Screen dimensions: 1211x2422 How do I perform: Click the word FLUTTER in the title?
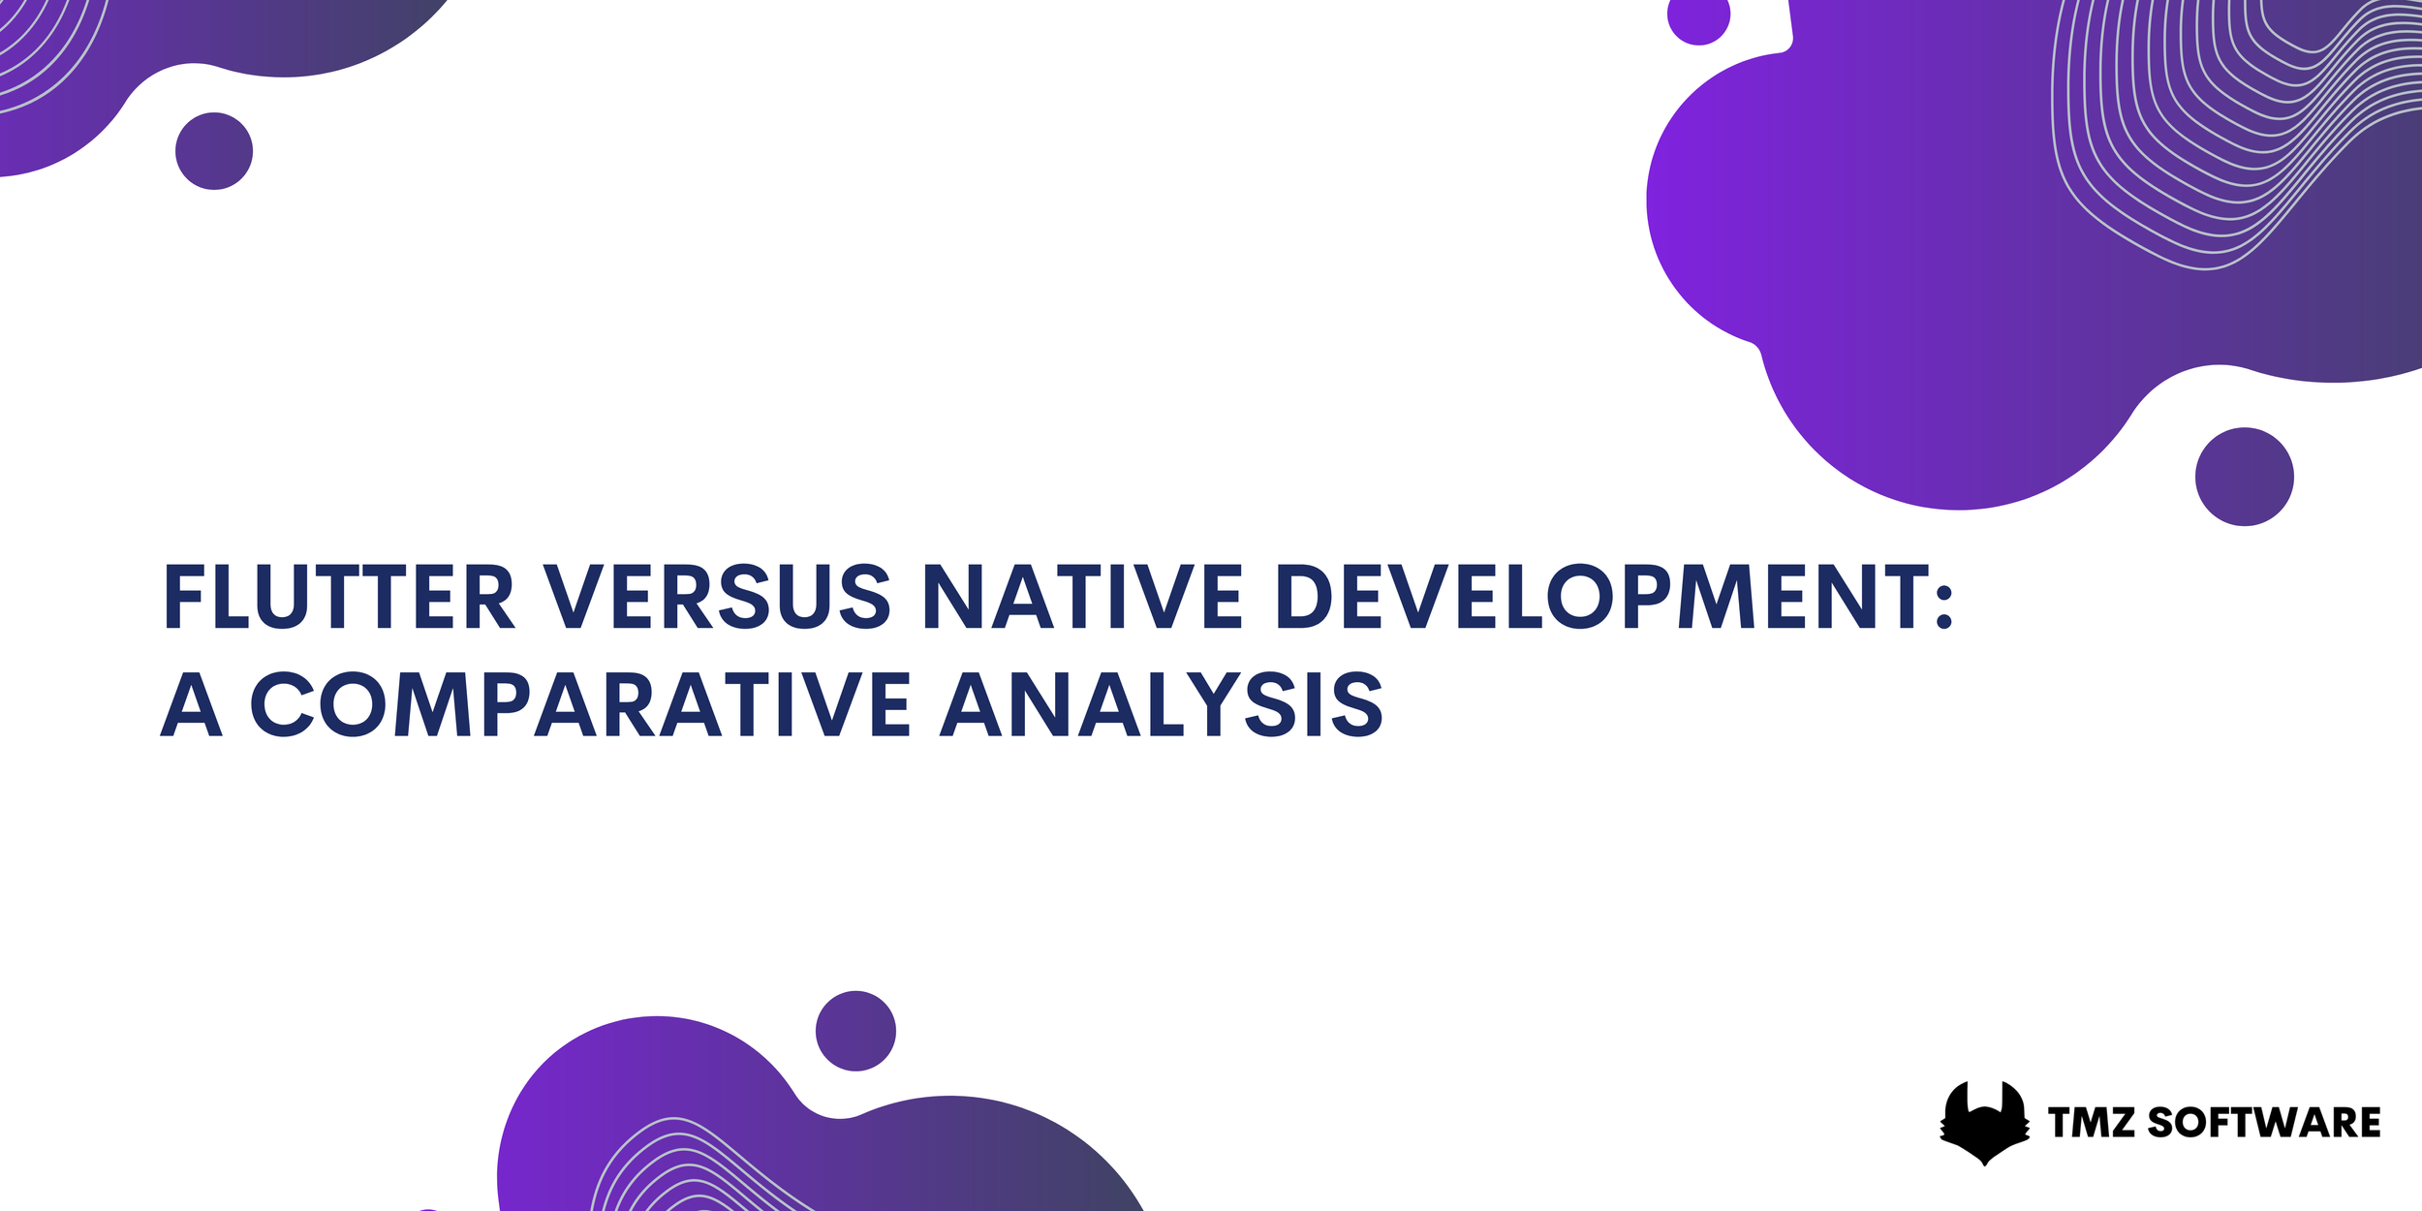coord(338,597)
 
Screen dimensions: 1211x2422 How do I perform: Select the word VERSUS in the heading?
coord(716,597)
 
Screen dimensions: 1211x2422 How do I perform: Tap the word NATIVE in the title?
coord(1082,597)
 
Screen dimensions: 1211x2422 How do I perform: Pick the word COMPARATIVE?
coord(580,704)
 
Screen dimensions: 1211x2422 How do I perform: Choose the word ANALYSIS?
coord(1162,704)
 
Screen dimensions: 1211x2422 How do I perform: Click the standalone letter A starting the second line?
coord(192,704)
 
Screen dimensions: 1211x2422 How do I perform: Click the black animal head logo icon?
coord(1984,1122)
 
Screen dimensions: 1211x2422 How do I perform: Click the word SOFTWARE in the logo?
coord(2264,1123)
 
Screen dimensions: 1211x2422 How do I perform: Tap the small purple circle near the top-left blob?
coord(214,151)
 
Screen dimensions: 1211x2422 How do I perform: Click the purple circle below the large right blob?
coord(2245,477)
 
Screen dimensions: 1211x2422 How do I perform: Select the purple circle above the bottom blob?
coord(855,1031)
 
